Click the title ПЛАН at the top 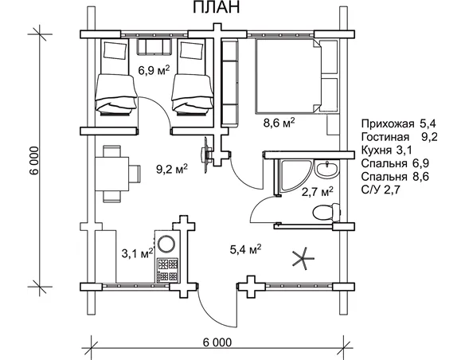(x=213, y=10)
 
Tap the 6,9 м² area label (x=151, y=69)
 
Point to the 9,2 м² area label (x=171, y=168)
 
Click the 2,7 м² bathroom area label (x=316, y=191)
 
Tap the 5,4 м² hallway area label (x=245, y=250)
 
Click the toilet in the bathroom (x=325, y=213)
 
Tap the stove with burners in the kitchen (x=167, y=268)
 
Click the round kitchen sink (x=167, y=244)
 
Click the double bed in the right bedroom (x=289, y=76)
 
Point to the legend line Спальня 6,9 (x=395, y=163)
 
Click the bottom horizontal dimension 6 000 (x=217, y=342)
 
